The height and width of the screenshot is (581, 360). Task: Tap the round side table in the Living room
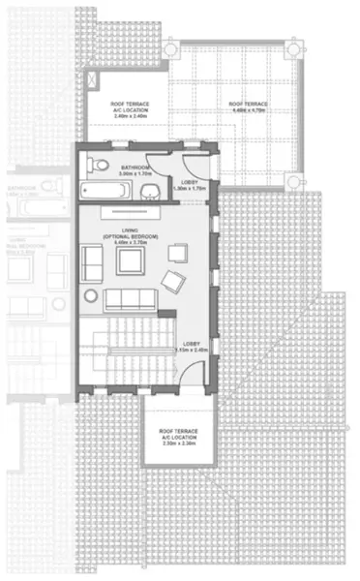[91, 295]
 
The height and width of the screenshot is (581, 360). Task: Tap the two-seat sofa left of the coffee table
[93, 261]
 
